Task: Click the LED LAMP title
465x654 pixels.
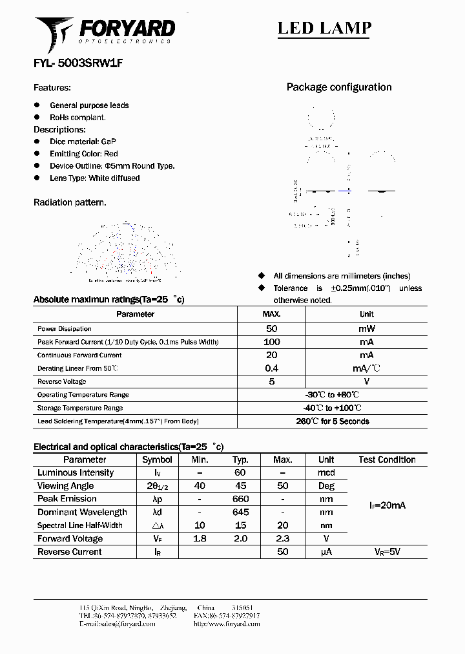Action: (324, 28)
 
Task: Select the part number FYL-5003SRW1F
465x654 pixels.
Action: (77, 64)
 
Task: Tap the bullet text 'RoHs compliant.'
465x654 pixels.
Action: (77, 118)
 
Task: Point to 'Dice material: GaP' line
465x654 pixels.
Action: (83, 142)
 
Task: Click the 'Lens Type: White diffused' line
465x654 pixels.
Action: (94, 178)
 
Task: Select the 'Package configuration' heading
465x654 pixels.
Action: (338, 87)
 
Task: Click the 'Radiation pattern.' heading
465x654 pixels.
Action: (70, 202)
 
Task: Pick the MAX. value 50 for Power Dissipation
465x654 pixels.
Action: (271, 328)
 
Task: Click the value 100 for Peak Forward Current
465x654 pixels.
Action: (271, 342)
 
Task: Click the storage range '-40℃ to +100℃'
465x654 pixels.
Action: (331, 408)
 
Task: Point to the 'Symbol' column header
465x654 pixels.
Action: (157, 459)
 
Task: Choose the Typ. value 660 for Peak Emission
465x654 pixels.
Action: (240, 499)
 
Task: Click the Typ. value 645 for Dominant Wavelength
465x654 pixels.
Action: (240, 512)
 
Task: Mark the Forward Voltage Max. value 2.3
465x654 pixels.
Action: (283, 538)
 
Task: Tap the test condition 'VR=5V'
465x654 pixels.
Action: (387, 552)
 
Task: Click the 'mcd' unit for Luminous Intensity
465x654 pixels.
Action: (326, 472)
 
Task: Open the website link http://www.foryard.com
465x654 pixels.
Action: (227, 624)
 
